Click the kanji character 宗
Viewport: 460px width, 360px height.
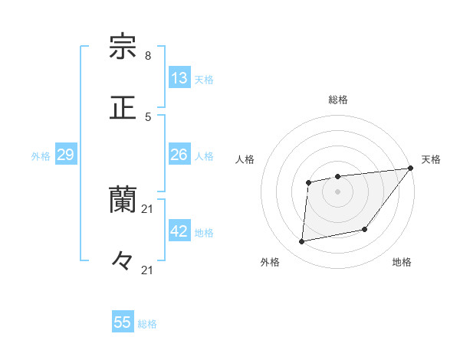(123, 47)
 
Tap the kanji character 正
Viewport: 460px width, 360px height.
(123, 108)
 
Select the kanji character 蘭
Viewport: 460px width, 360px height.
(123, 200)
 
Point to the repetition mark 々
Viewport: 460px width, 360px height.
(123, 261)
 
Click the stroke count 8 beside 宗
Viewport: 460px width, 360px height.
(148, 56)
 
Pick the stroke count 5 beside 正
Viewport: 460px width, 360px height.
(148, 116)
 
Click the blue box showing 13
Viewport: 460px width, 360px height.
(179, 78)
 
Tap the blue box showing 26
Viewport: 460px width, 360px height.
(179, 155)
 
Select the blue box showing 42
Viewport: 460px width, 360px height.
(179, 231)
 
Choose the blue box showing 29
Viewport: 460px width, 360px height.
(65, 155)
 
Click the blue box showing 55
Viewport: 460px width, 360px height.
(123, 322)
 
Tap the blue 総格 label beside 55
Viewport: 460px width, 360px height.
(148, 324)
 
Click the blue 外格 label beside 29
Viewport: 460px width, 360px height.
(41, 156)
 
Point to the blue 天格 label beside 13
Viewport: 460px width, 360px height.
(204, 80)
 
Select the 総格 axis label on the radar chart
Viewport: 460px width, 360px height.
(338, 100)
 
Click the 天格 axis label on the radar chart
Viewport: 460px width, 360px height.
(431, 159)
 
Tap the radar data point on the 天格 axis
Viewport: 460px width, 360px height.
(411, 169)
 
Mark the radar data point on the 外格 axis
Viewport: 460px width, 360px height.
(302, 242)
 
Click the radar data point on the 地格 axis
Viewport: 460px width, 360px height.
(365, 229)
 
